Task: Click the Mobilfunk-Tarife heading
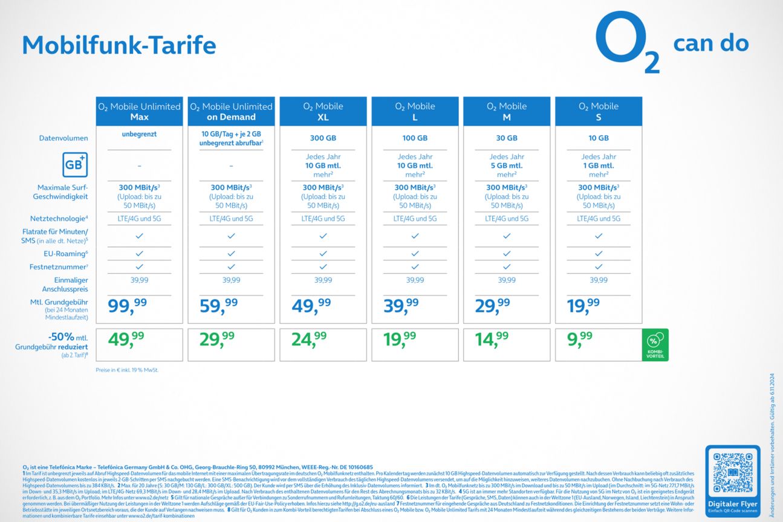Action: (119, 45)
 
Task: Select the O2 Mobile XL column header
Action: (323, 111)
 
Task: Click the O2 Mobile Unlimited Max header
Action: (139, 111)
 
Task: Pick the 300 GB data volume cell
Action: (323, 138)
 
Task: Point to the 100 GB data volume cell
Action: (415, 138)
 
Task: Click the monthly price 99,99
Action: (127, 305)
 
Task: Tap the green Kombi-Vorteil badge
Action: (655, 345)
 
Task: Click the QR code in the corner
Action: (733, 472)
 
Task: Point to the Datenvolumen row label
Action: (63, 138)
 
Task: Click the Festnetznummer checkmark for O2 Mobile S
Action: (599, 266)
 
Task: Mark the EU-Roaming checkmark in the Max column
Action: (139, 254)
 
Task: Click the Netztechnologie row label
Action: (59, 219)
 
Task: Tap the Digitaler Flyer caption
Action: (733, 504)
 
